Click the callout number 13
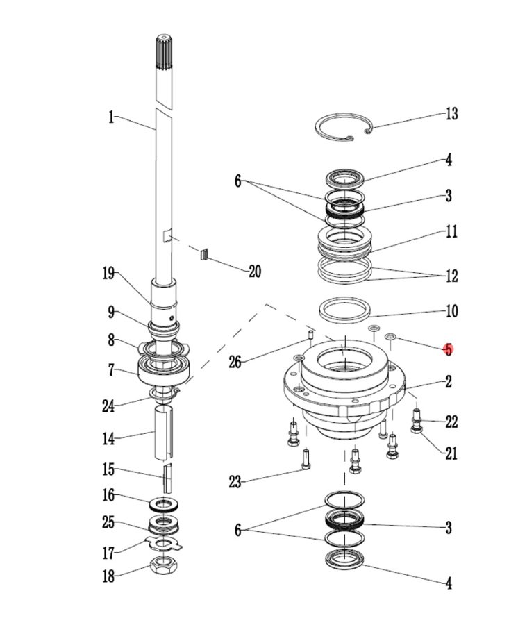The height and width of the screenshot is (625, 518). click(x=451, y=114)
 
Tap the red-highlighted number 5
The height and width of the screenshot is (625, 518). click(x=449, y=349)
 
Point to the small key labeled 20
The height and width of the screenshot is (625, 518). click(x=204, y=254)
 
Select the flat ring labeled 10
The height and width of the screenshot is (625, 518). click(x=344, y=308)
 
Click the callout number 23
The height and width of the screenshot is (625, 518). click(x=235, y=481)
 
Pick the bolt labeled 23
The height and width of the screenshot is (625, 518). click(x=306, y=459)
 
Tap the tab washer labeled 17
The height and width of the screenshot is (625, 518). click(x=165, y=543)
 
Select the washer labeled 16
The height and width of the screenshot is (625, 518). click(x=164, y=501)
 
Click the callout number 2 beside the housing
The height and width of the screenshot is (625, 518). click(x=449, y=381)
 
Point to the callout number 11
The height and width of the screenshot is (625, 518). click(x=451, y=231)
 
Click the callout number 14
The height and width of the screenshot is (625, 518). click(x=108, y=439)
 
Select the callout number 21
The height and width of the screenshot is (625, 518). click(x=451, y=453)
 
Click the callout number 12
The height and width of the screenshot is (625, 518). click(x=451, y=276)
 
